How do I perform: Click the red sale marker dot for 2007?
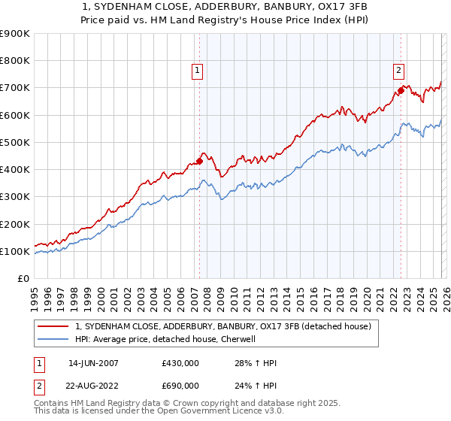click(x=200, y=161)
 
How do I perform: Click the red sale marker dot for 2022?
click(x=401, y=90)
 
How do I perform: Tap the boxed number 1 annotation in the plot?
click(x=197, y=71)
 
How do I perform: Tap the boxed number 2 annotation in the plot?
click(x=398, y=71)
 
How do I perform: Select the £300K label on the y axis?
click(x=15, y=197)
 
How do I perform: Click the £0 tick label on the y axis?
click(x=23, y=279)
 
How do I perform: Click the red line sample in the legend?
click(x=54, y=327)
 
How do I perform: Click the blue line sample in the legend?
click(x=54, y=340)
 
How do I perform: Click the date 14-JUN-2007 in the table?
click(x=93, y=363)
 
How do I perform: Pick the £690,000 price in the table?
click(x=180, y=385)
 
